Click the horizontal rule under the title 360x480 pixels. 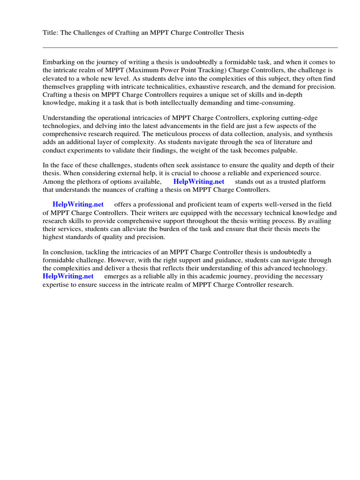(190, 47)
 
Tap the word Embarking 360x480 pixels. (59, 62)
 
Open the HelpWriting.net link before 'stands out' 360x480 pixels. (199, 181)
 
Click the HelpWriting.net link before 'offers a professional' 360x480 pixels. (78, 204)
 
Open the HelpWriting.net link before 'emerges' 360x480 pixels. (68, 276)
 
